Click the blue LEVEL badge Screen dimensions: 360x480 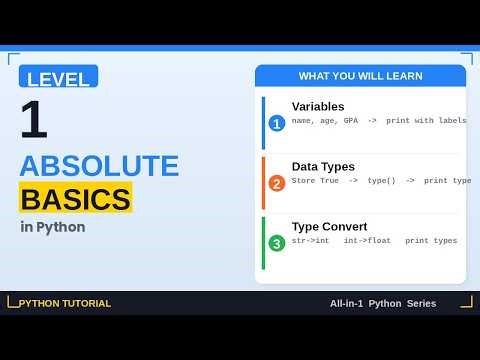[x=58, y=77]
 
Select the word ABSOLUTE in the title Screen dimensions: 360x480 [x=99, y=166]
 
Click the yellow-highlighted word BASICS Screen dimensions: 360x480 [x=75, y=198]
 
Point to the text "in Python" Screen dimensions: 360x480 [x=52, y=227]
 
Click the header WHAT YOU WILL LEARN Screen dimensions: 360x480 [x=360, y=76]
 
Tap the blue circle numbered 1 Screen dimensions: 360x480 [x=277, y=124]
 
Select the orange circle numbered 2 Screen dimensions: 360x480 [x=277, y=183]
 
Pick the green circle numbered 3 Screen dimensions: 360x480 [x=277, y=243]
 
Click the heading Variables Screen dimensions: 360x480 [x=318, y=106]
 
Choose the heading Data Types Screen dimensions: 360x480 [x=323, y=166]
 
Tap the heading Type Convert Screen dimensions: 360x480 [x=329, y=226]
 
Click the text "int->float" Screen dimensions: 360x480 [x=367, y=241]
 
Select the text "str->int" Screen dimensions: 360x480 [x=311, y=241]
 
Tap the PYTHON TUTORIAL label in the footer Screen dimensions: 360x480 [x=65, y=303]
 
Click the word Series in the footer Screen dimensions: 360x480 [x=421, y=303]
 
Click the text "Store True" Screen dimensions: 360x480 [x=316, y=181]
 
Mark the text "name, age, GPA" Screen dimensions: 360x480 [x=322, y=121]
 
